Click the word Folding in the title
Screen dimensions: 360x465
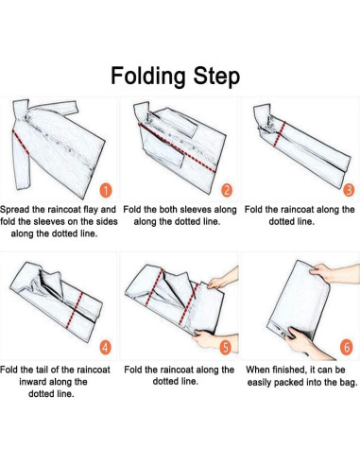point(147,77)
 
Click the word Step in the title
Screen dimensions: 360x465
point(216,77)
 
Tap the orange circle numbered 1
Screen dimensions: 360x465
point(107,191)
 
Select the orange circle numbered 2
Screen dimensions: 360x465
point(227,190)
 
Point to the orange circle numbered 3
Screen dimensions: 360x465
point(349,190)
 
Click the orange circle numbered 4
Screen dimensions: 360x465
point(106,347)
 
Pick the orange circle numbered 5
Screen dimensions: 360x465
point(226,347)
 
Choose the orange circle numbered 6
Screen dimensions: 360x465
point(347,347)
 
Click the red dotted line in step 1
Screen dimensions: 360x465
point(21,143)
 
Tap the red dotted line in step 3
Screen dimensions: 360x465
point(280,134)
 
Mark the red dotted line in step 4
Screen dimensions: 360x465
point(75,311)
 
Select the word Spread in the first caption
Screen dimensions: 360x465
point(14,210)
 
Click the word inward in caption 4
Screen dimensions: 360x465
point(31,382)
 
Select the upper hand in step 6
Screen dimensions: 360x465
point(334,273)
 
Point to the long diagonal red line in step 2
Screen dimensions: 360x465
point(177,147)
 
